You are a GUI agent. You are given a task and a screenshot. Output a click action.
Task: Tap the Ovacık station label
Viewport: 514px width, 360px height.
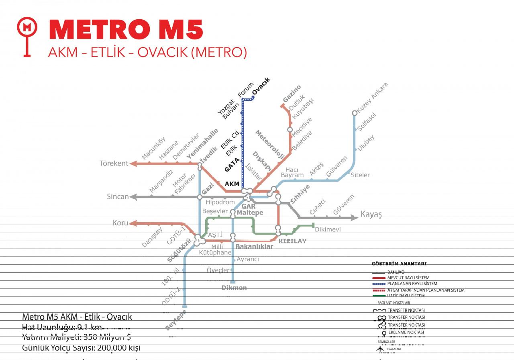(261, 86)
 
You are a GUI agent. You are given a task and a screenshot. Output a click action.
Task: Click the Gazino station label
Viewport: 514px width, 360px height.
(292, 94)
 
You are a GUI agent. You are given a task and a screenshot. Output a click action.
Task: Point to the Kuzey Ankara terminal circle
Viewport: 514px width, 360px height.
(355, 113)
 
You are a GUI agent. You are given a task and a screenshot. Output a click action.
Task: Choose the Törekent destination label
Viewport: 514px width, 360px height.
(114, 164)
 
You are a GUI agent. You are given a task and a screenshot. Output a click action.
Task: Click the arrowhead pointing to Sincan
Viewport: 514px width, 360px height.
(133, 197)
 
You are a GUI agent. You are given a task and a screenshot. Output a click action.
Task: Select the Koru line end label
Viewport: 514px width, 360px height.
(120, 223)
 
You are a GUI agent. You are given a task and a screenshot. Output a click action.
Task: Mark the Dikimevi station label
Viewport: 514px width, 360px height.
(328, 229)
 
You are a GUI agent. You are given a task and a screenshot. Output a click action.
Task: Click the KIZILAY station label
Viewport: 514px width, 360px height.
(292, 241)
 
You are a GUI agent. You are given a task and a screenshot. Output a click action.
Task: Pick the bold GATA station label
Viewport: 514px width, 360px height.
(232, 165)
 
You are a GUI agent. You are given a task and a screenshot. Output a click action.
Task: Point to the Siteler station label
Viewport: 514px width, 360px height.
(360, 175)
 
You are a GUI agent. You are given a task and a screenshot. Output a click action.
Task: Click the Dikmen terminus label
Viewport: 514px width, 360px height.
(234, 288)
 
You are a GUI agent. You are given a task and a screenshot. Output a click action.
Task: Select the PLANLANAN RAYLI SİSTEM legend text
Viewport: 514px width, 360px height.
(412, 284)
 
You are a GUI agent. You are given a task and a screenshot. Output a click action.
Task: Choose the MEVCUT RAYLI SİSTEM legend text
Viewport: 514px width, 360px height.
(408, 278)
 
